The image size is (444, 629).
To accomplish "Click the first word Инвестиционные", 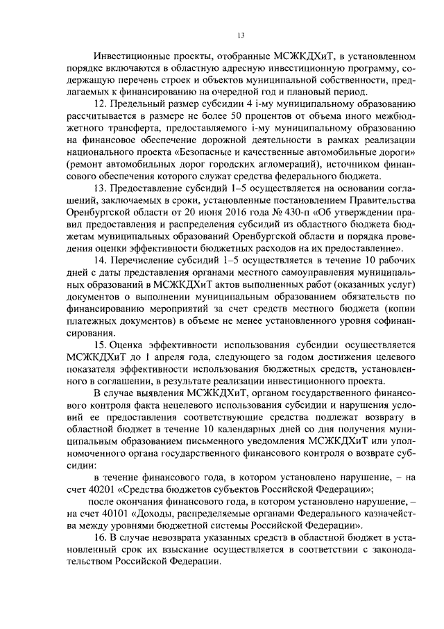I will (x=131, y=54).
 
